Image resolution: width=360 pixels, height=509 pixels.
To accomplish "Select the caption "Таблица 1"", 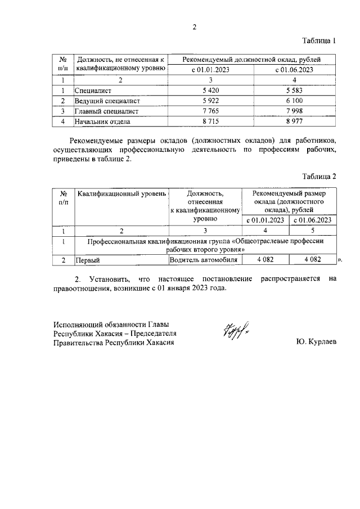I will pyautogui.click(x=319, y=41).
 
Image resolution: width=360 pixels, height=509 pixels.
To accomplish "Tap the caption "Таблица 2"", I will pyautogui.click(x=319, y=177).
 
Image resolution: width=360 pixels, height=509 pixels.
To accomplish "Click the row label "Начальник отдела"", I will pyautogui.click(x=103, y=121).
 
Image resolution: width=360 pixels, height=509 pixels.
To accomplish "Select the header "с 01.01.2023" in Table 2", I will pyautogui.click(x=265, y=220).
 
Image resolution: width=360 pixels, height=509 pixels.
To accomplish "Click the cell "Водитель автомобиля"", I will pyautogui.click(x=205, y=260).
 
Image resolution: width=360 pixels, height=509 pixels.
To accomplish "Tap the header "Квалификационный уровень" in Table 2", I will pyautogui.click(x=121, y=194).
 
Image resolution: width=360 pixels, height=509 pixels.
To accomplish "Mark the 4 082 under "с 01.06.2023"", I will pyautogui.click(x=312, y=260).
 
